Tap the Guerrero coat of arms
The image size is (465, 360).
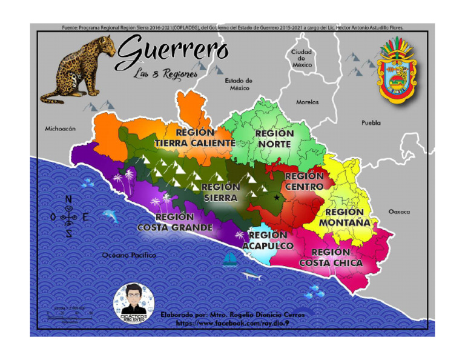(x=398, y=70)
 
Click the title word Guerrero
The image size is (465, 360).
(x=172, y=52)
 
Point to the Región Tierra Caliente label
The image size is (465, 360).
(x=194, y=138)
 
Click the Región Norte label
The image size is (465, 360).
(x=274, y=139)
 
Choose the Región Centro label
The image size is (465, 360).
(x=304, y=182)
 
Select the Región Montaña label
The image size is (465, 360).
(x=345, y=218)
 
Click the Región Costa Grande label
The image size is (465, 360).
(x=175, y=222)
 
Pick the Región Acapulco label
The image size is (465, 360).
(x=268, y=241)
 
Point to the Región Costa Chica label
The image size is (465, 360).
(x=331, y=258)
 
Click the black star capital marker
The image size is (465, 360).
(x=277, y=198)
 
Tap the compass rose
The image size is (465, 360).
(x=68, y=217)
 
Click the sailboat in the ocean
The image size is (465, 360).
(x=230, y=260)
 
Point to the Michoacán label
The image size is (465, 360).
(x=60, y=129)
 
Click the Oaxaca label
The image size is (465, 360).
(x=399, y=212)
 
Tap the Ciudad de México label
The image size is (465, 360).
(x=302, y=58)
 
